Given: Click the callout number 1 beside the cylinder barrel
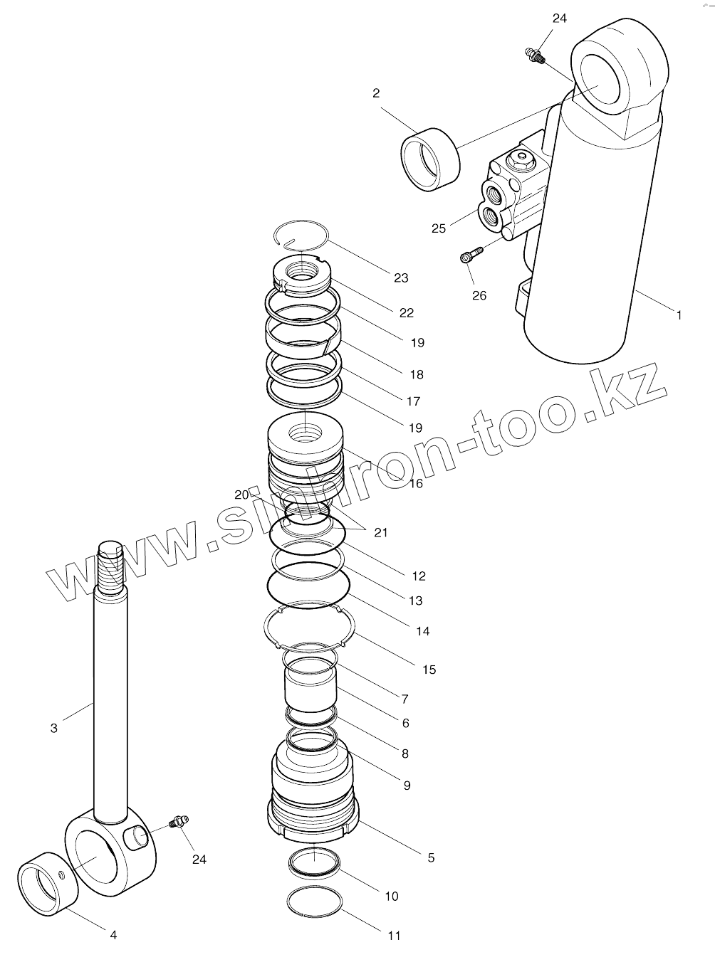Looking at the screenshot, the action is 679,314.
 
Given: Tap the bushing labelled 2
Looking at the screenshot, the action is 430,159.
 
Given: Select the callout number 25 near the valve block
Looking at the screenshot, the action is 439,228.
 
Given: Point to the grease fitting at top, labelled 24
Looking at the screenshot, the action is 533,55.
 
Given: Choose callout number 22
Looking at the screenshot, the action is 407,312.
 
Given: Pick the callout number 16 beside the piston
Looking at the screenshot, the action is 415,483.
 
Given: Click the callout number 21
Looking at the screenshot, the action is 381,532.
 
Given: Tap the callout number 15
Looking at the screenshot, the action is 429,670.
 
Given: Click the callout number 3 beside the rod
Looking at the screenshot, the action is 54,728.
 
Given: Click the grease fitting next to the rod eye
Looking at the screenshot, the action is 177,823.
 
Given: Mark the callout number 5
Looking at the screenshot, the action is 431,857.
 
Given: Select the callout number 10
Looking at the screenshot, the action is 392,896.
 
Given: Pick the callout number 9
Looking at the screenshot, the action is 407,786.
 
